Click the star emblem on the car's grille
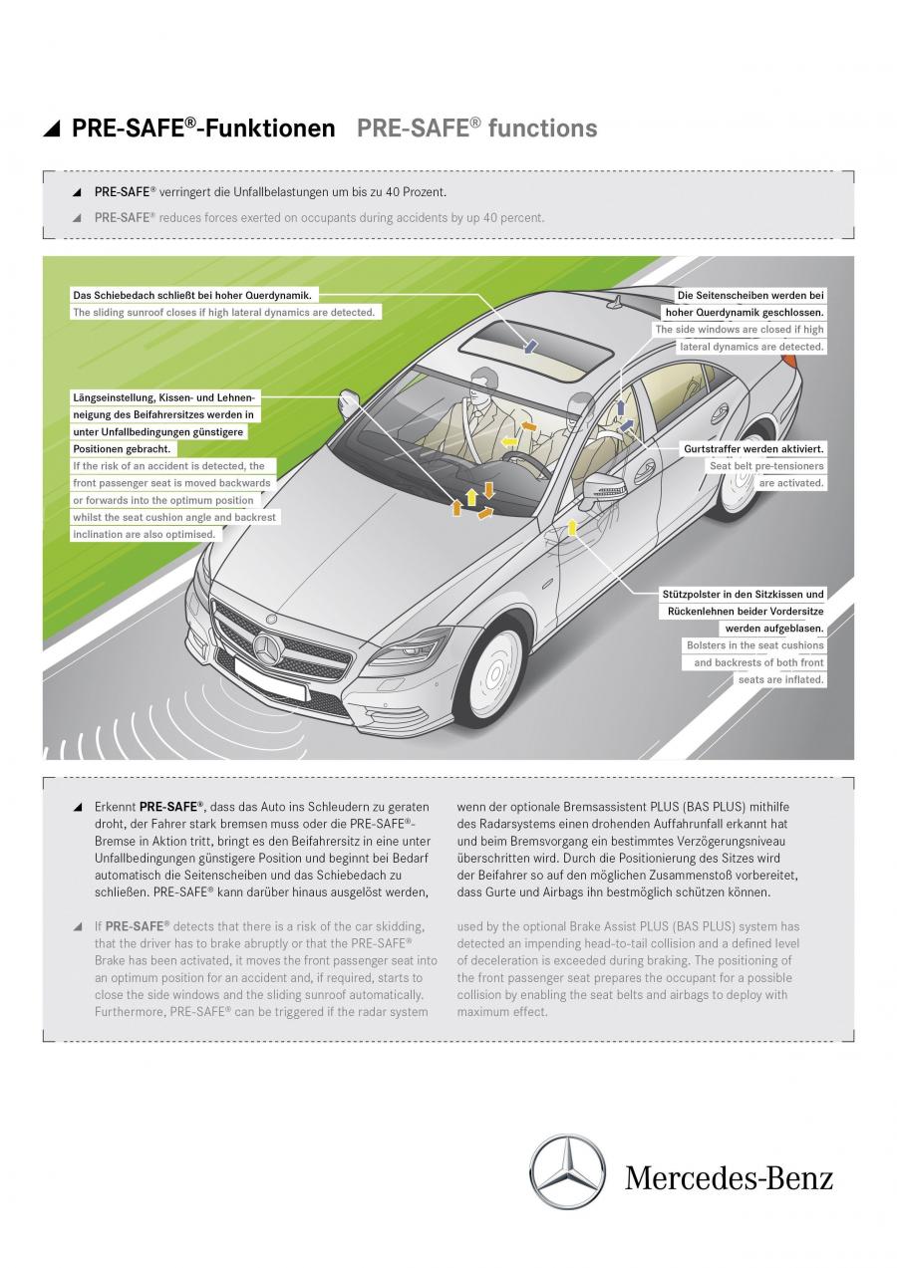tap(268, 650)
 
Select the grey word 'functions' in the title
tap(542, 128)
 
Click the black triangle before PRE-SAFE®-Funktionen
tap(52, 129)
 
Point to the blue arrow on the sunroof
tap(531, 346)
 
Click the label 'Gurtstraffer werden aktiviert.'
tap(753, 449)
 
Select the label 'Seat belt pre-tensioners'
tap(766, 466)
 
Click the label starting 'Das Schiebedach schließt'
tap(192, 295)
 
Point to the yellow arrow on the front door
tap(572, 527)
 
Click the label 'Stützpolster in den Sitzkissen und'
tap(743, 595)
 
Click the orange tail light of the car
tap(789, 358)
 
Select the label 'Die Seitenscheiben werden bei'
tap(750, 295)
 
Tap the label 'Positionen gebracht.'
tap(122, 449)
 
